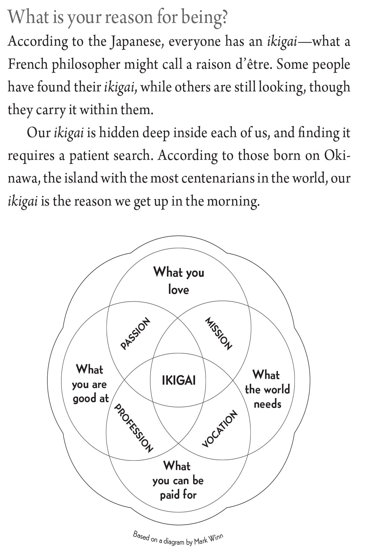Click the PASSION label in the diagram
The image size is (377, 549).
pyautogui.click(x=135, y=333)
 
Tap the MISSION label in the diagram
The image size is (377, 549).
pyautogui.click(x=218, y=333)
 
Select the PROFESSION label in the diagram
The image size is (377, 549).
pyautogui.click(x=133, y=428)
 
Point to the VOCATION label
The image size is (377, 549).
pyautogui.click(x=220, y=428)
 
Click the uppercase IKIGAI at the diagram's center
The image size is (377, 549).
pyautogui.click(x=178, y=380)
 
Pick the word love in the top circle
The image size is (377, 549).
pyautogui.click(x=178, y=290)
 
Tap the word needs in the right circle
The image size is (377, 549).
pyautogui.click(x=267, y=404)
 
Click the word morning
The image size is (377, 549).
pyautogui.click(x=232, y=201)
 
